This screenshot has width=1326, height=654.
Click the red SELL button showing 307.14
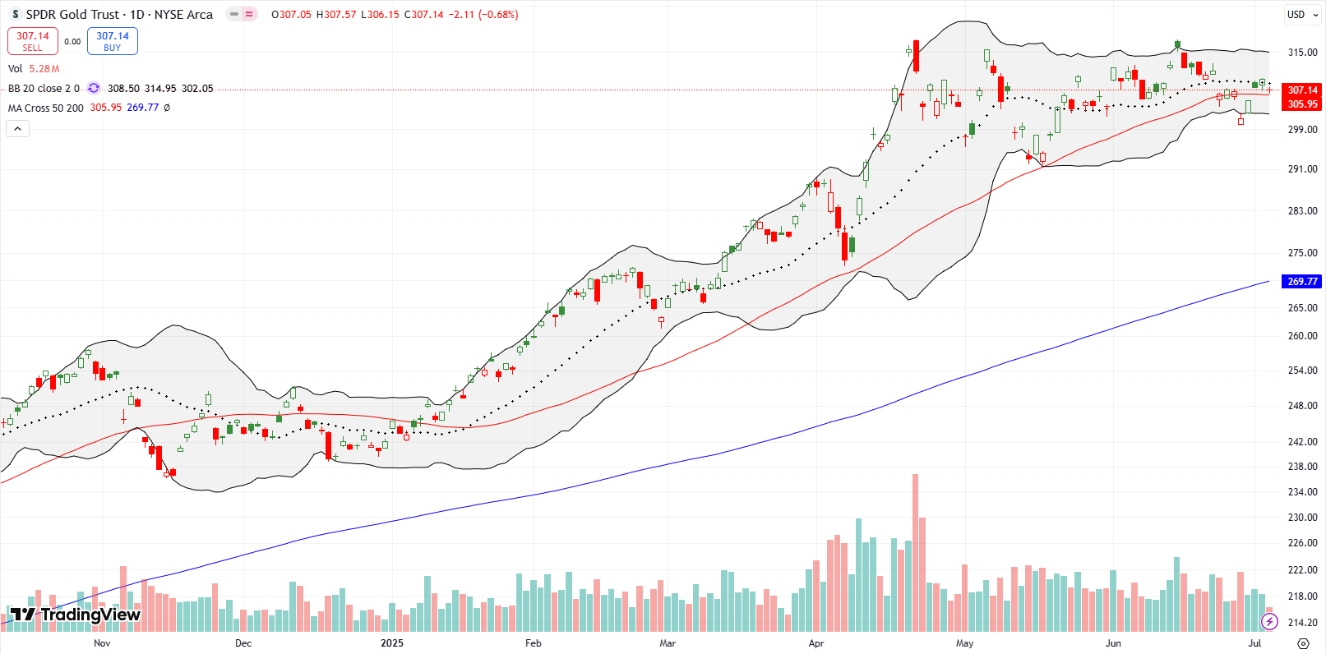(x=32, y=41)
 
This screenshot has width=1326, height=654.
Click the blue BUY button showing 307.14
(x=113, y=41)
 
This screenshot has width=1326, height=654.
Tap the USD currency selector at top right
(x=1296, y=15)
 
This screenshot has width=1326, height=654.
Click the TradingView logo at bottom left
(x=75, y=615)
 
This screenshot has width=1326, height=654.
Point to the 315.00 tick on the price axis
(x=1302, y=53)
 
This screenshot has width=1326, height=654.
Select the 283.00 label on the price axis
(x=1302, y=211)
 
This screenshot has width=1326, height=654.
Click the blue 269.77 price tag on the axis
(x=1302, y=281)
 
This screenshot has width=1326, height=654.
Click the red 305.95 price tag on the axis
(x=1302, y=104)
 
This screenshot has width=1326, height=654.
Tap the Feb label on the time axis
(x=534, y=643)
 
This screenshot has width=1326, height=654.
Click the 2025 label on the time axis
(x=392, y=643)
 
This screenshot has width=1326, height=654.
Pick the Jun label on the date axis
(x=1113, y=643)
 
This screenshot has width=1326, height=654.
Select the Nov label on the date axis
(x=102, y=643)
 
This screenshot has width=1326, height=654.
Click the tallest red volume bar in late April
(x=915, y=550)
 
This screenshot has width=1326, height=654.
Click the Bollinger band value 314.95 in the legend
(x=160, y=89)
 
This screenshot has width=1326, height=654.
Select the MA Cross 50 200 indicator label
(x=46, y=108)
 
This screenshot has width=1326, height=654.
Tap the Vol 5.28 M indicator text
(x=34, y=69)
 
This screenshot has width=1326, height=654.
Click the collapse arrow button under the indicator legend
(x=17, y=128)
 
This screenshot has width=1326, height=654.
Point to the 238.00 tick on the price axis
(x=1302, y=467)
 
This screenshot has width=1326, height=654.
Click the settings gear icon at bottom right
(x=1302, y=643)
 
